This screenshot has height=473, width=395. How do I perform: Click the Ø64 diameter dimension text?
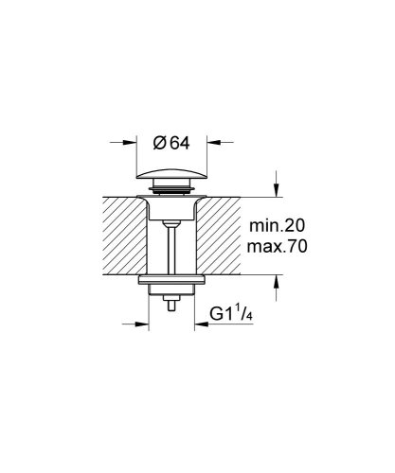point(171,144)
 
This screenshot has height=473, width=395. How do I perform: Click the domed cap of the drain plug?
point(171,178)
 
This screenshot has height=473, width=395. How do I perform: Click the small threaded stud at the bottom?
point(171,306)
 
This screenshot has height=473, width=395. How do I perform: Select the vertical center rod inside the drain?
point(171,251)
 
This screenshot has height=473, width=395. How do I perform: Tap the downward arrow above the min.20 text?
point(276,187)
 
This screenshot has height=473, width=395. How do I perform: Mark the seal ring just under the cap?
point(171,193)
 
